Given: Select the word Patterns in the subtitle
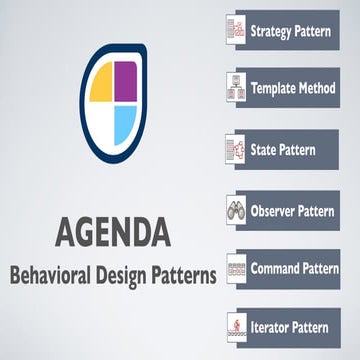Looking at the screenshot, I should [x=186, y=275].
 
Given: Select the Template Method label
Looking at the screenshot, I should [x=292, y=89].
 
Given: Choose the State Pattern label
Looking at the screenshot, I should [x=282, y=150].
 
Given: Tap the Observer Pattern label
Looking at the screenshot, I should [x=294, y=211].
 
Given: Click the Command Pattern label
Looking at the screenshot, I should [x=294, y=268].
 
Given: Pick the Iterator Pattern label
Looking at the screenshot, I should [x=289, y=326].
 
